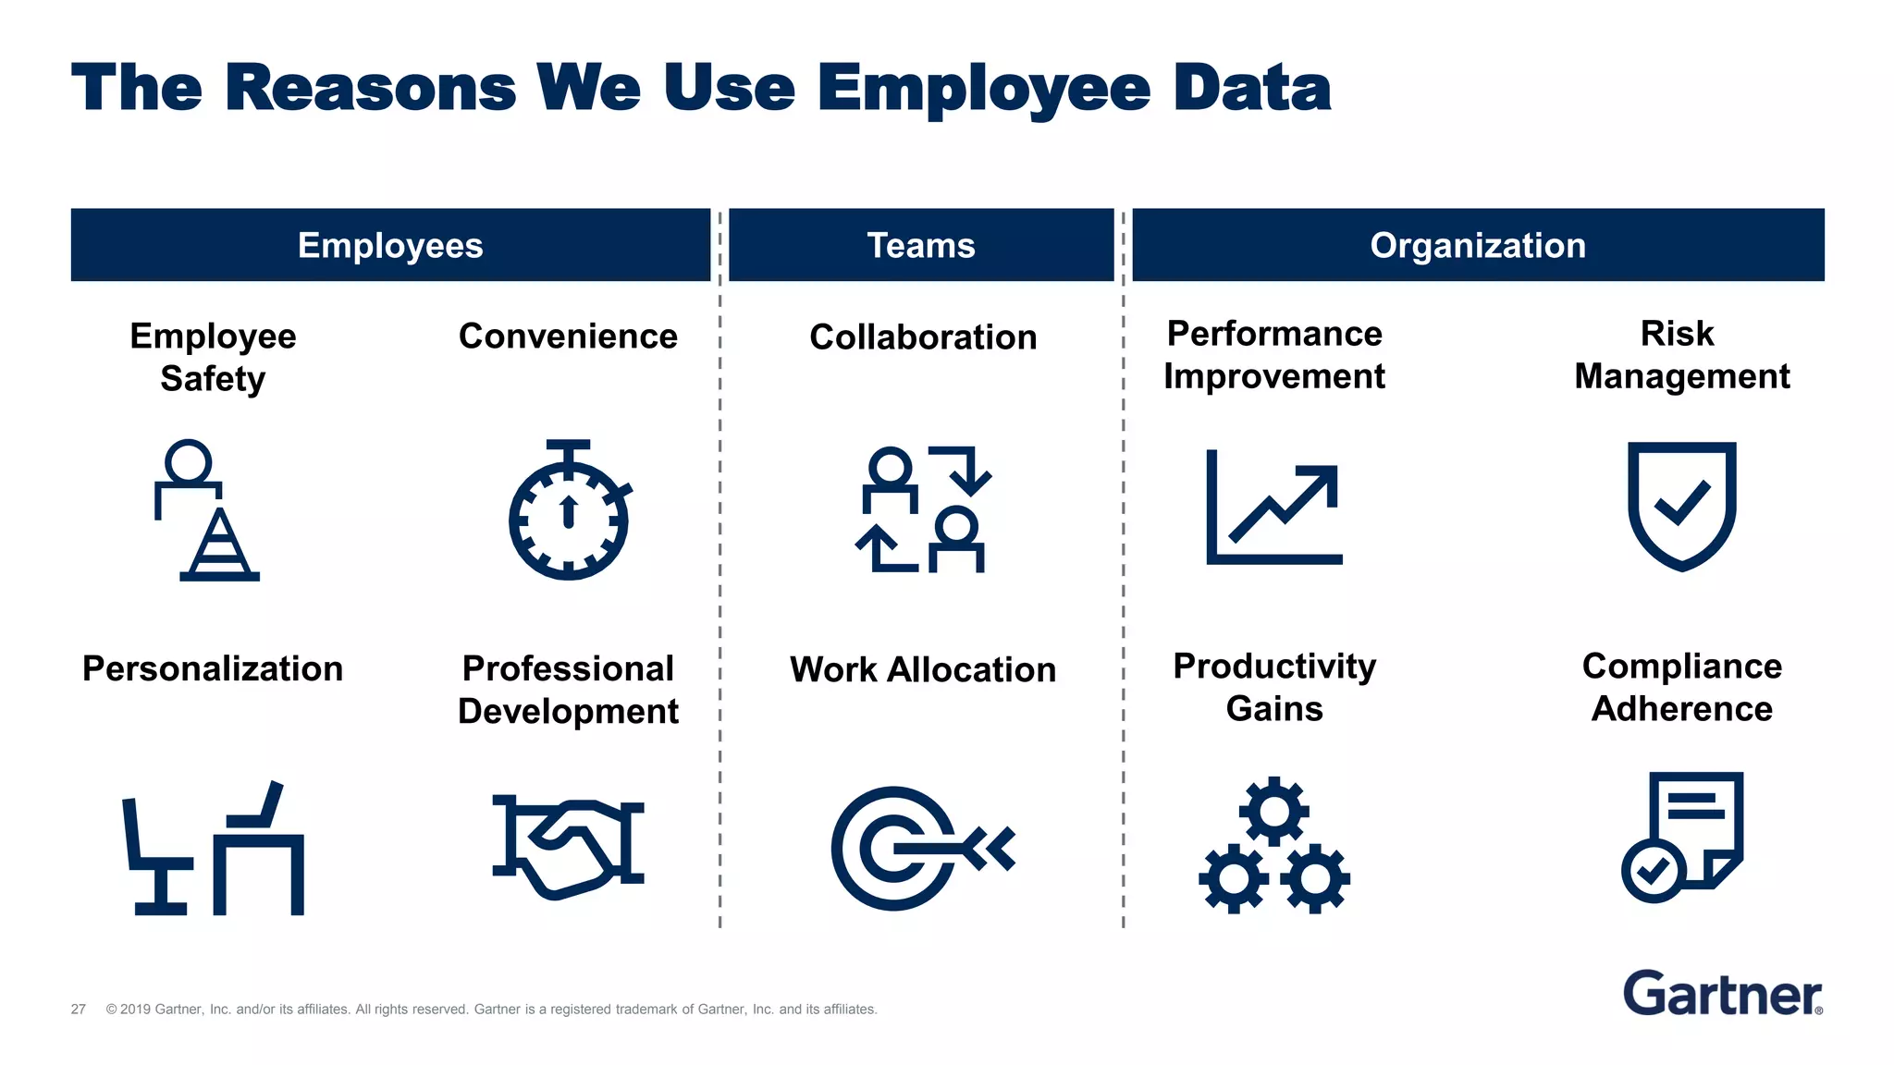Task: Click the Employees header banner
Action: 390,245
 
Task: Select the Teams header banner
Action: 921,245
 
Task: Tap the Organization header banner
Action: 1478,245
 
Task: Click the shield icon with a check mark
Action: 1681,505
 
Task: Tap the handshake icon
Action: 568,845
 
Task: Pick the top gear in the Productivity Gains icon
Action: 1274,811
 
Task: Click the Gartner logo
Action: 1722,994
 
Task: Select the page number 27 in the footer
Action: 79,1010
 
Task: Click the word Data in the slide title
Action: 1252,89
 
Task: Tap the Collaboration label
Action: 923,337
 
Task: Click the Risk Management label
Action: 1681,355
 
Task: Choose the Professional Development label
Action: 568,690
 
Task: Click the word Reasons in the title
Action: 370,89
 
